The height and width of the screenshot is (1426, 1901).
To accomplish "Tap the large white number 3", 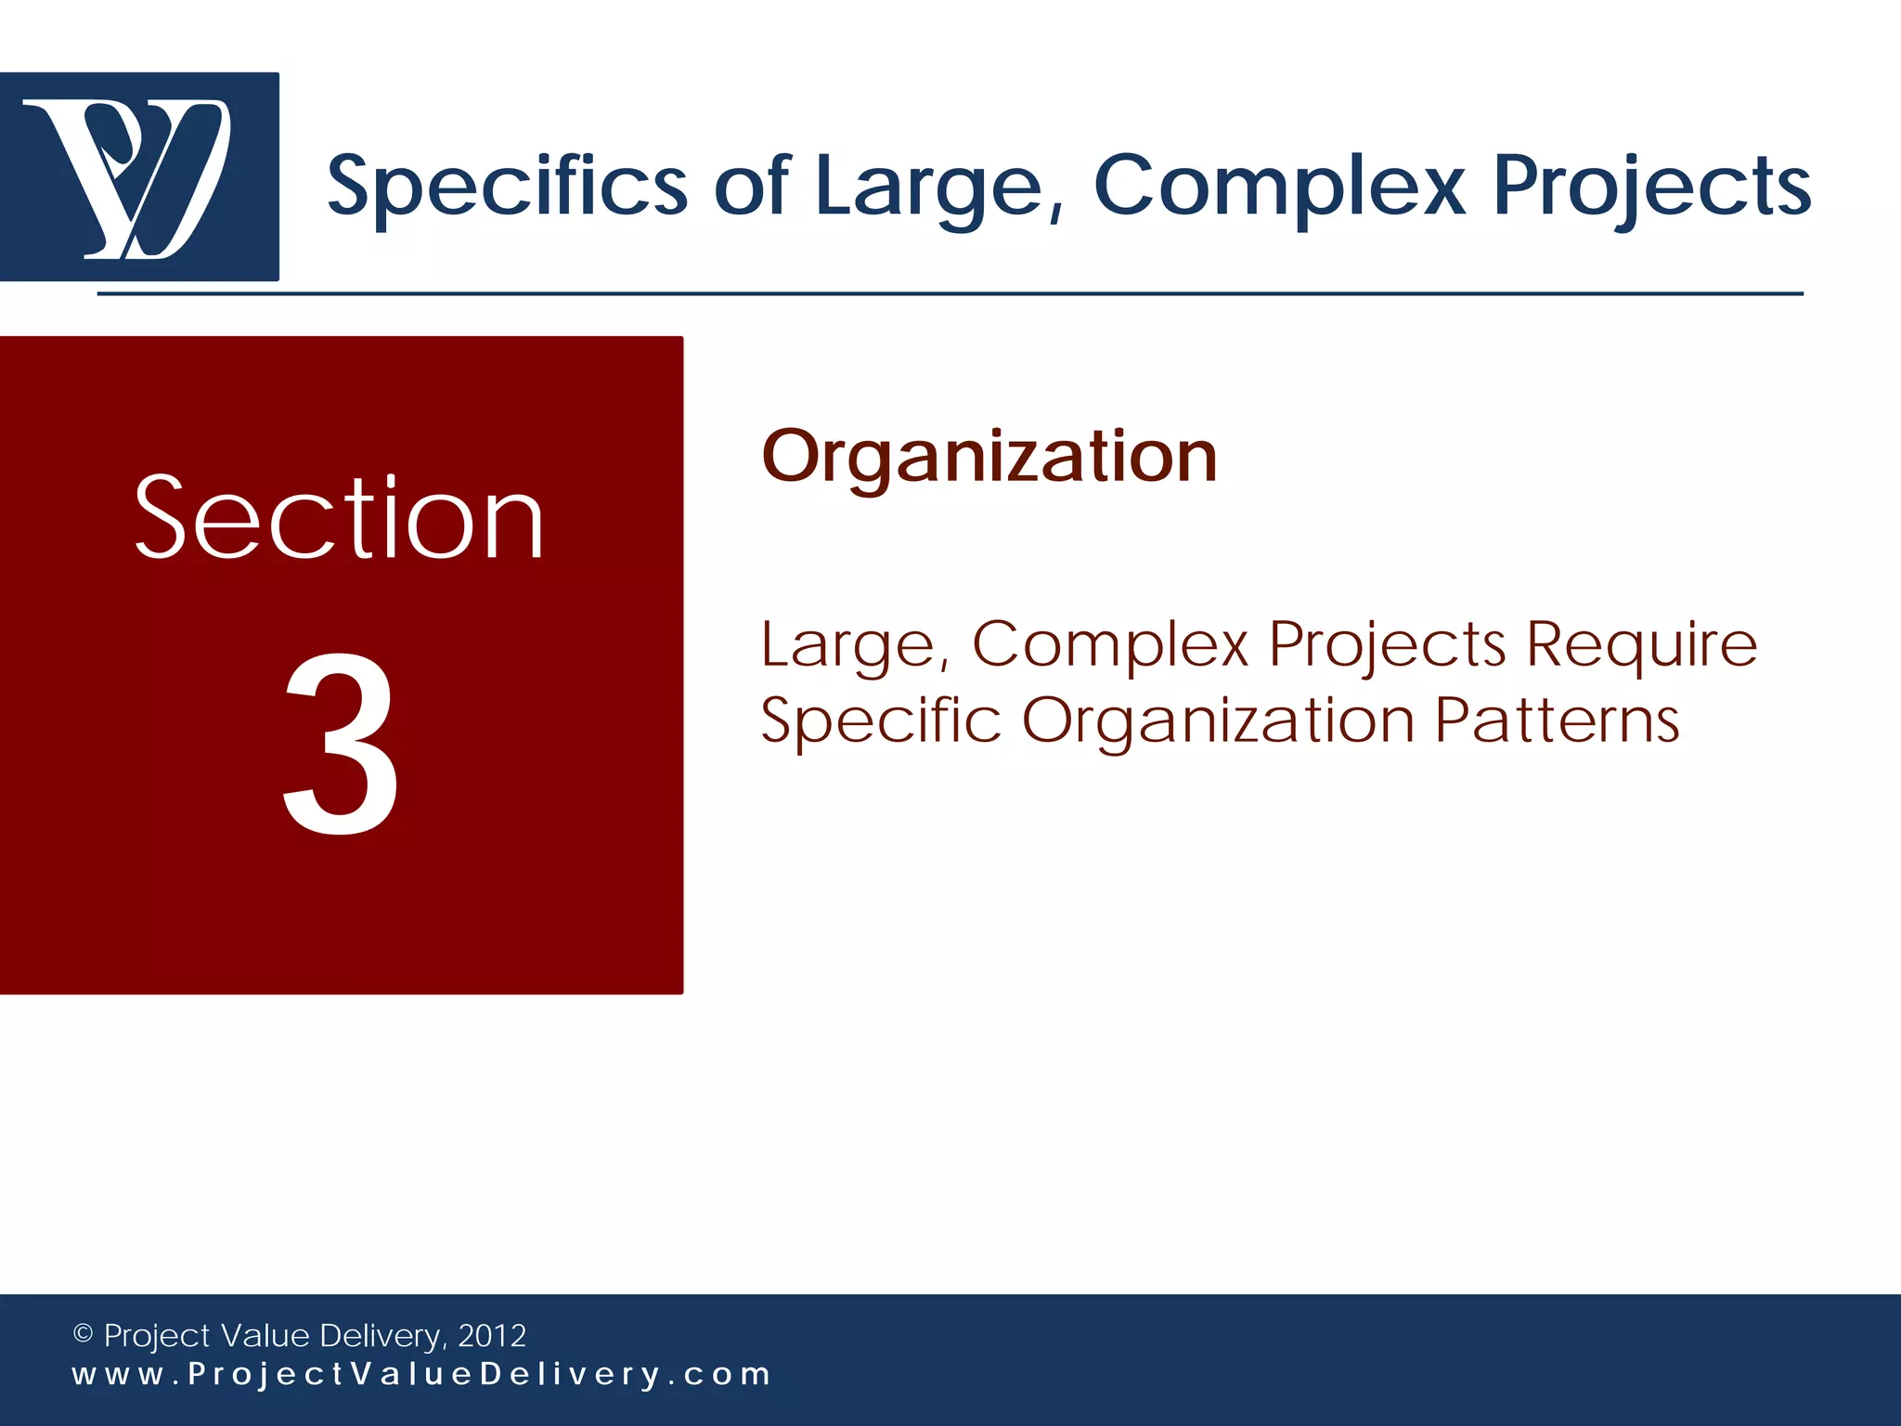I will pyautogui.click(x=341, y=743).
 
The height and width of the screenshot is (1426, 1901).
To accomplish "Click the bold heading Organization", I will pyautogui.click(x=989, y=457).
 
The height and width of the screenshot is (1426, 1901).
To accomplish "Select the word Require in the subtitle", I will pyautogui.click(x=1641, y=645).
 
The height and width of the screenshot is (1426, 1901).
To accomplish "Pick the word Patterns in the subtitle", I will pyautogui.click(x=1557, y=720).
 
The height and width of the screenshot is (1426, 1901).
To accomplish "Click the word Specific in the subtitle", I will pyautogui.click(x=880, y=721).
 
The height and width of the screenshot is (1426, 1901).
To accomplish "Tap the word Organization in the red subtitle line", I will pyautogui.click(x=1217, y=721).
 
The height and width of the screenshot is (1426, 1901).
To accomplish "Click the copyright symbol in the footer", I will pyautogui.click(x=83, y=1334).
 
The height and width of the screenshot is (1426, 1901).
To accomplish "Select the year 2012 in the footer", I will pyautogui.click(x=492, y=1336).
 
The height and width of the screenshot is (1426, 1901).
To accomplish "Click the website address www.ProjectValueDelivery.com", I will pyautogui.click(x=421, y=1375).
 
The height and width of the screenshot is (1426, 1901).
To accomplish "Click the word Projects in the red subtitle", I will pyautogui.click(x=1387, y=645).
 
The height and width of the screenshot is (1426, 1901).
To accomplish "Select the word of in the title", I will pyautogui.click(x=751, y=186).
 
